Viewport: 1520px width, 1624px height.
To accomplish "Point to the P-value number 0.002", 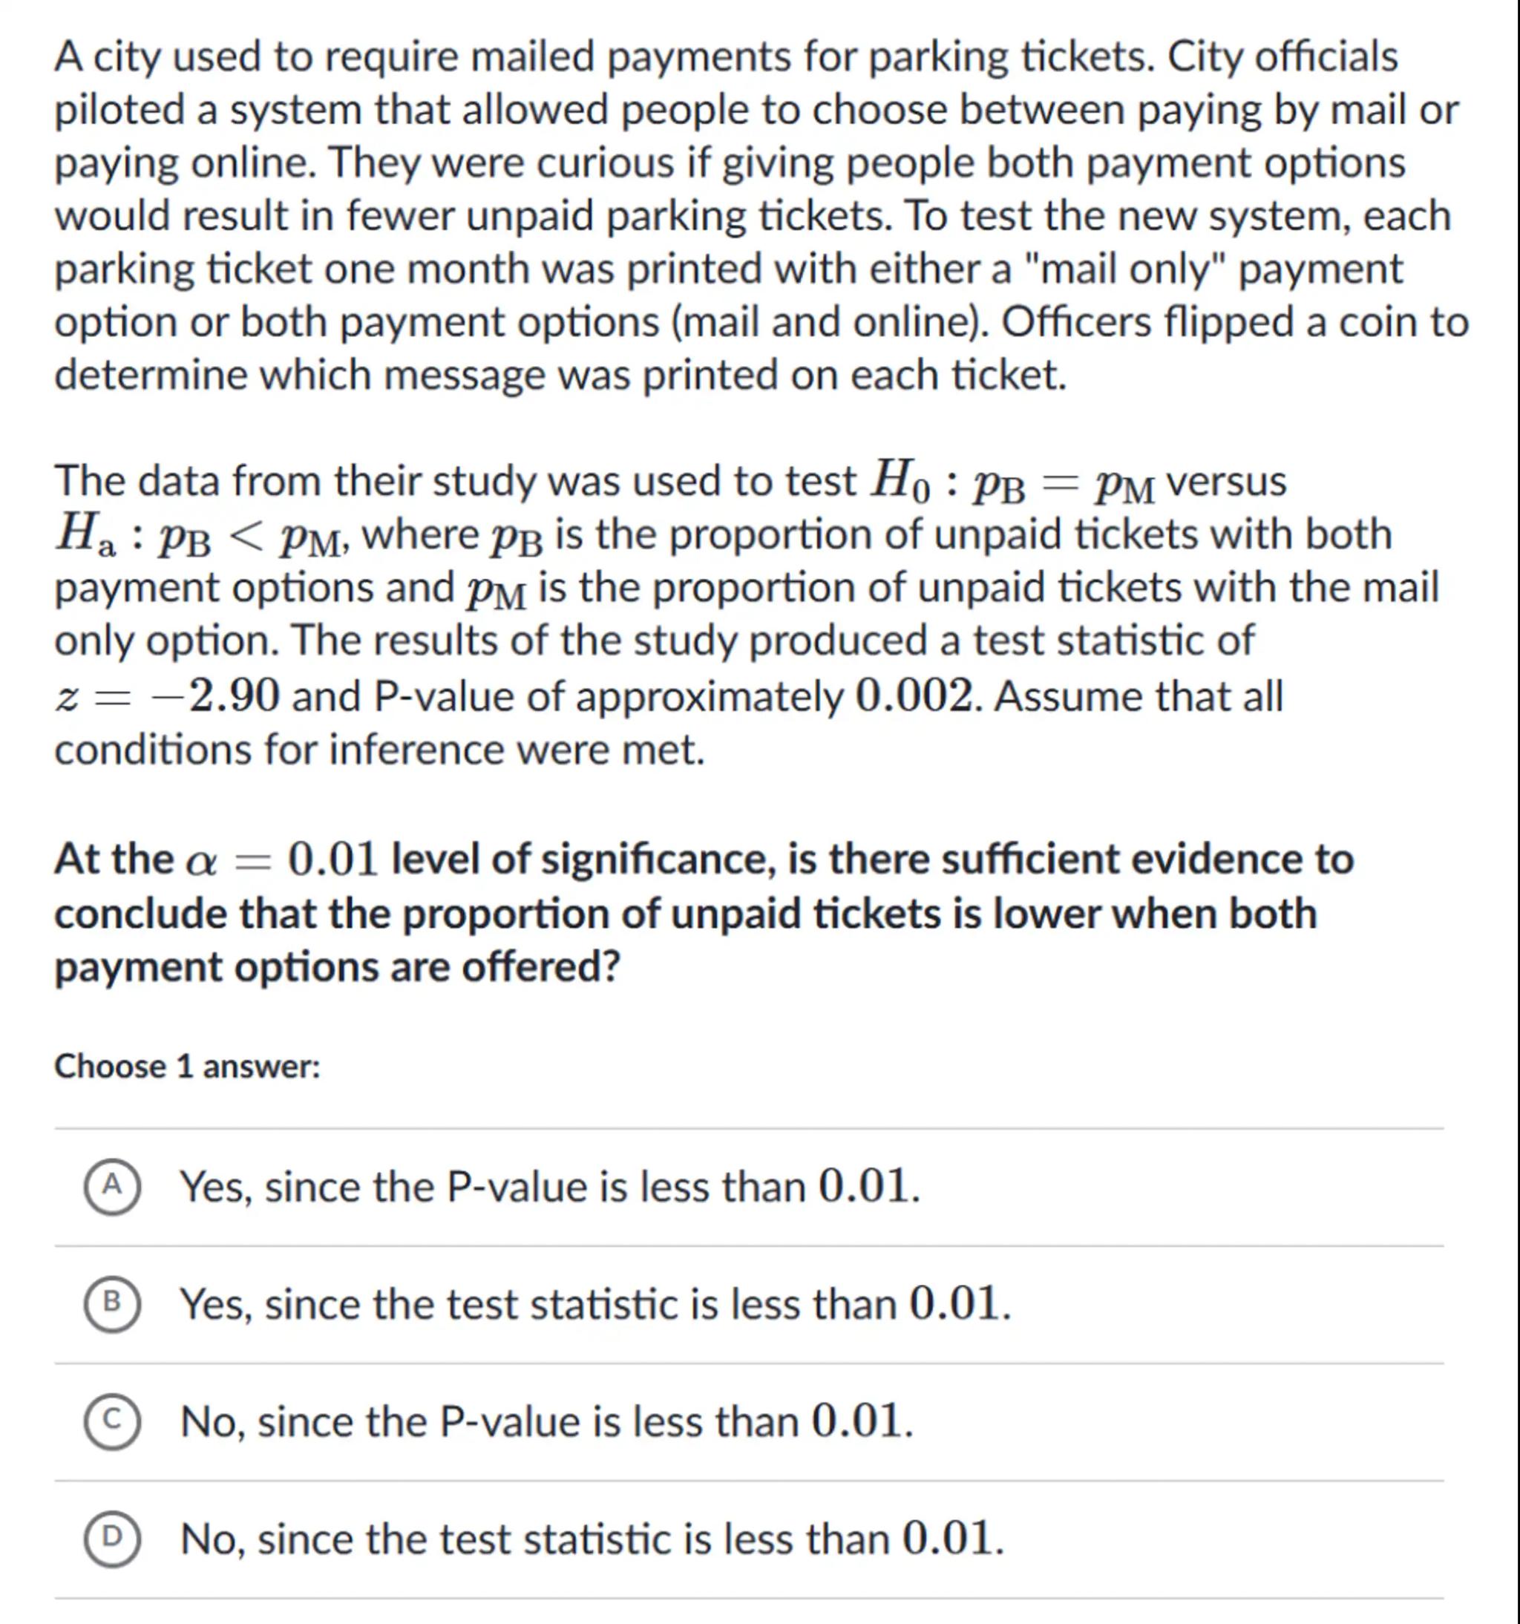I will pos(915,697).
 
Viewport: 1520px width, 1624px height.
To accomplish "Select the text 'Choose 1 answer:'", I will pos(187,1067).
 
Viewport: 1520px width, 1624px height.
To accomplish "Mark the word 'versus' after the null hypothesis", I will pos(1226,481).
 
